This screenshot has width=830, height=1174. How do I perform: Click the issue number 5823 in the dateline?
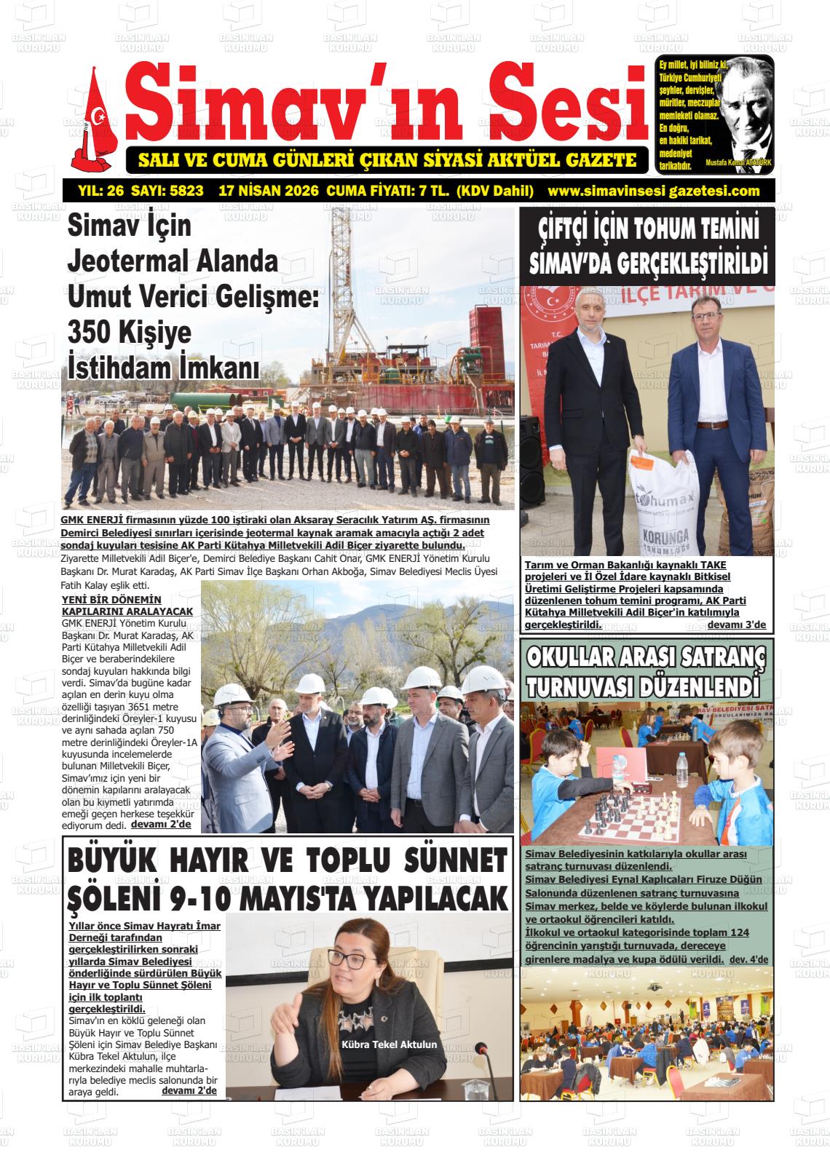click(186, 191)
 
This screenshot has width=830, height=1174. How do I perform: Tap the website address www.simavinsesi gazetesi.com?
click(653, 191)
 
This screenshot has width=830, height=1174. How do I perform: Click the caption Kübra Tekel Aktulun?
click(390, 1044)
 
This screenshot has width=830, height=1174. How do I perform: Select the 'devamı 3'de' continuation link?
click(736, 625)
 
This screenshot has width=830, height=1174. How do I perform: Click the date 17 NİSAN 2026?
click(269, 191)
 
